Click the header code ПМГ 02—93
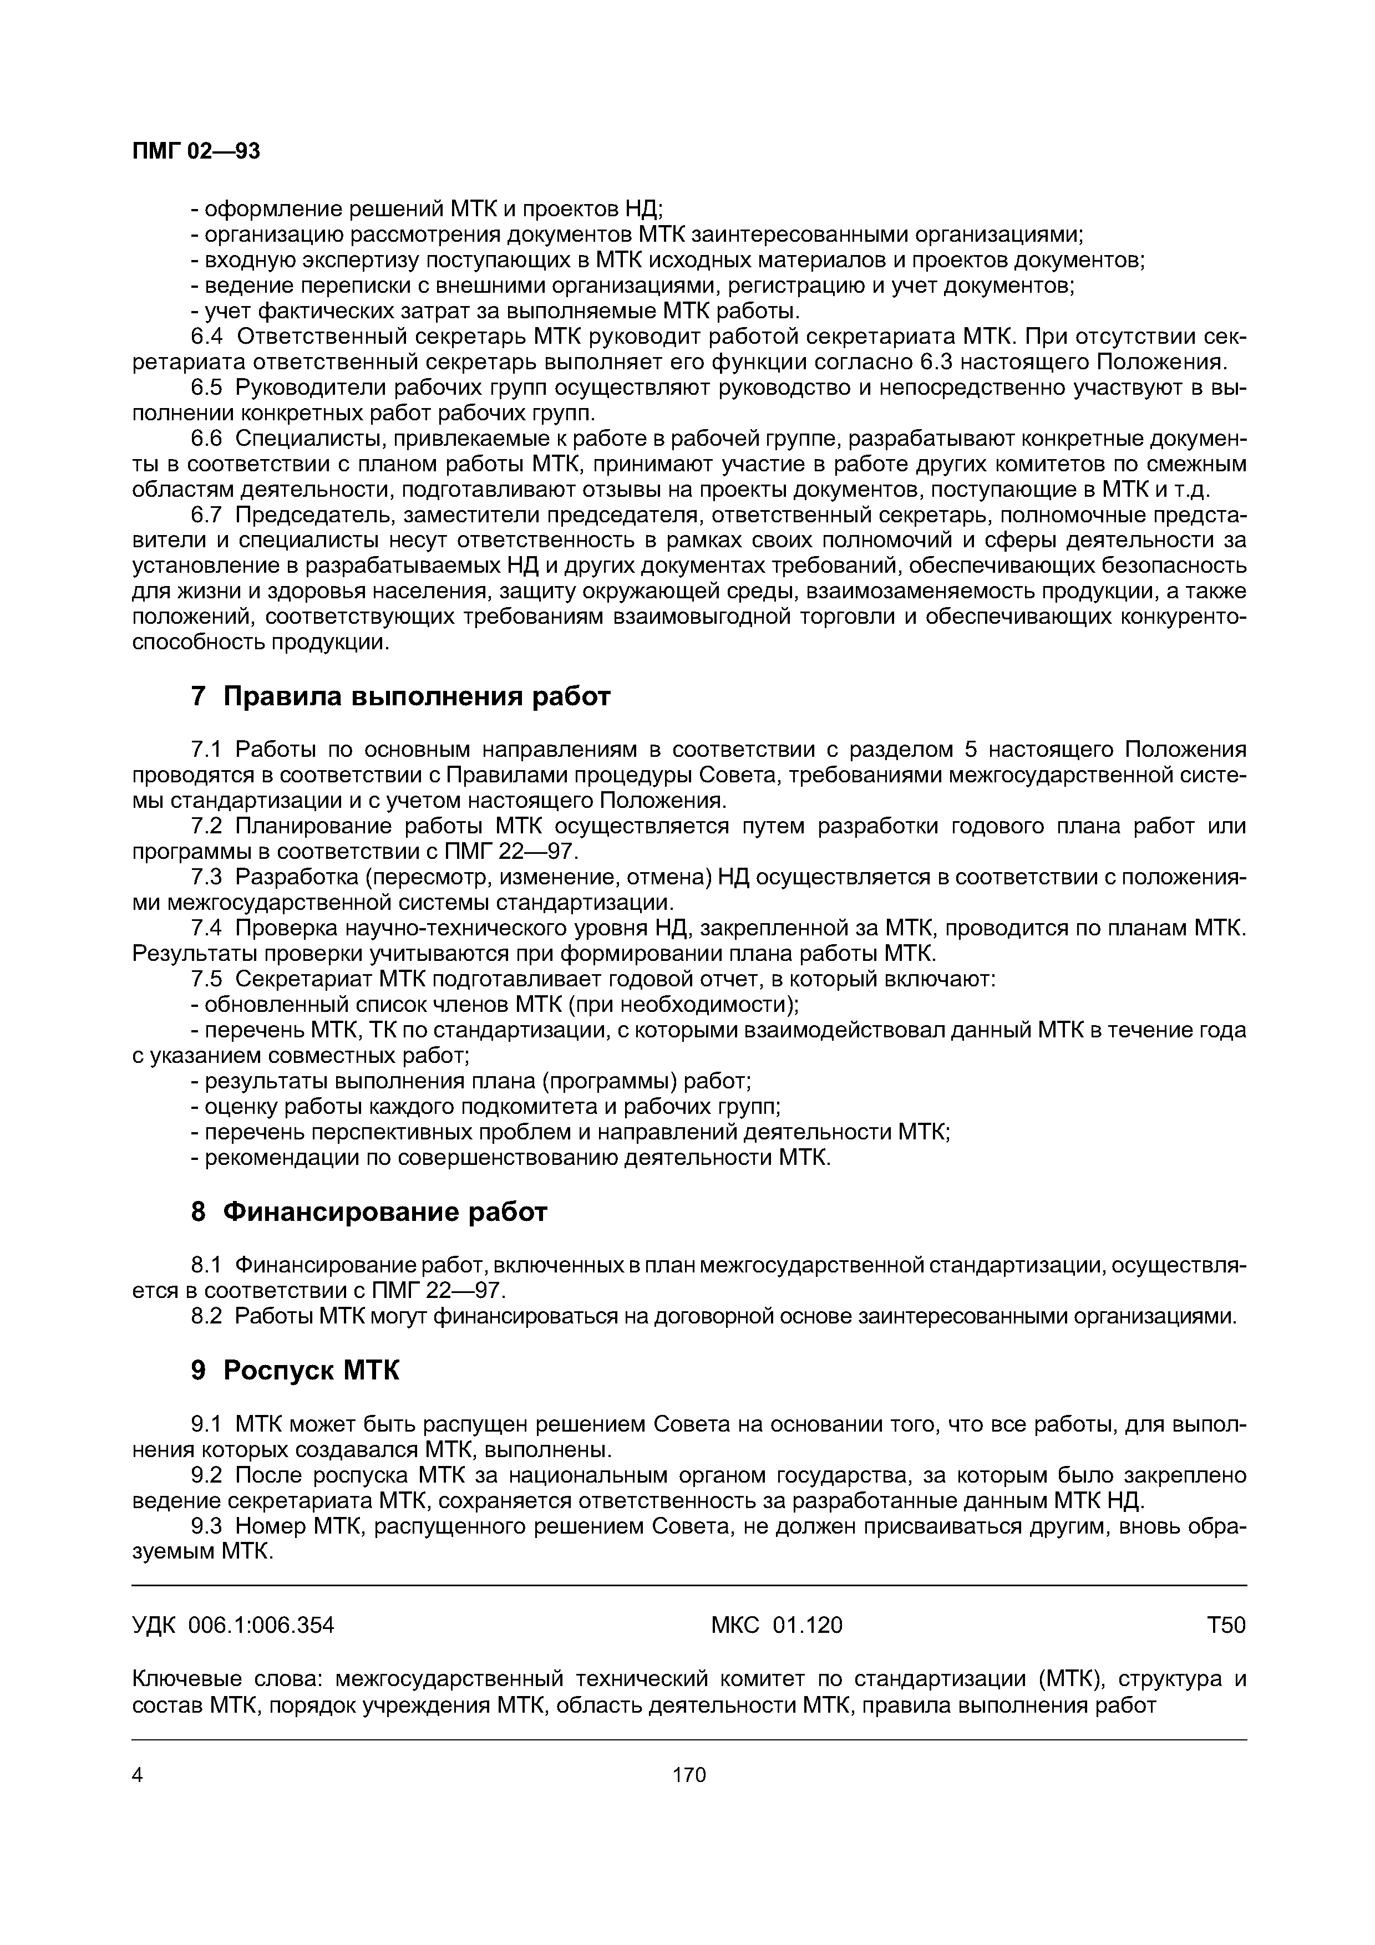point(196,151)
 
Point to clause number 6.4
point(207,337)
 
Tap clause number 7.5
point(207,979)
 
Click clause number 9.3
point(207,1526)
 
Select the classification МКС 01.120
point(776,1625)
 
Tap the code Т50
point(1226,1625)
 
